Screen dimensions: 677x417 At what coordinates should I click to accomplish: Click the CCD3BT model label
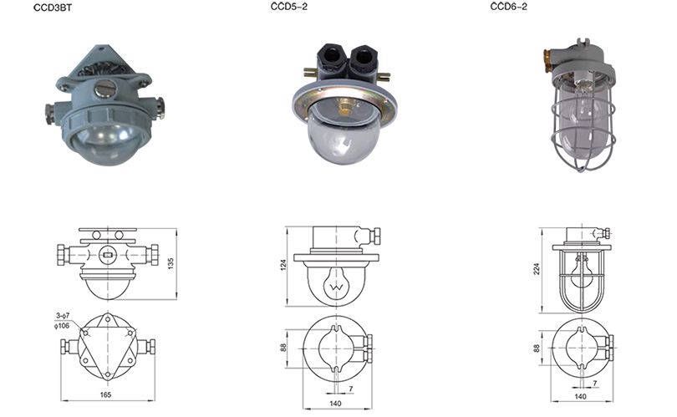coord(53,8)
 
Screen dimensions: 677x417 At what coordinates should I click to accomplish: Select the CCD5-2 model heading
coord(289,7)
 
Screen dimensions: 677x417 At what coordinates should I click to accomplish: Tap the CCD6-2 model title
coord(508,7)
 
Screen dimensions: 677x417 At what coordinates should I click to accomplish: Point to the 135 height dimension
coord(171,264)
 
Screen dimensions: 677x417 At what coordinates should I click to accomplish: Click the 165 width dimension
coord(106,394)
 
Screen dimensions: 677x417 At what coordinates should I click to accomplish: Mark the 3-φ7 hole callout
coord(62,316)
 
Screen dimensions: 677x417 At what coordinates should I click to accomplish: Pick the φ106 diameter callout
coord(61,325)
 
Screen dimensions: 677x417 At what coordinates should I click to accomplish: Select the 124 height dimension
coord(283,266)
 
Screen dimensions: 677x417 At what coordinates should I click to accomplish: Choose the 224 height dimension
coord(537,269)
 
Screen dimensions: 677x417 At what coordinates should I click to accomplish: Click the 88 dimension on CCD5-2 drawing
coord(283,348)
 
